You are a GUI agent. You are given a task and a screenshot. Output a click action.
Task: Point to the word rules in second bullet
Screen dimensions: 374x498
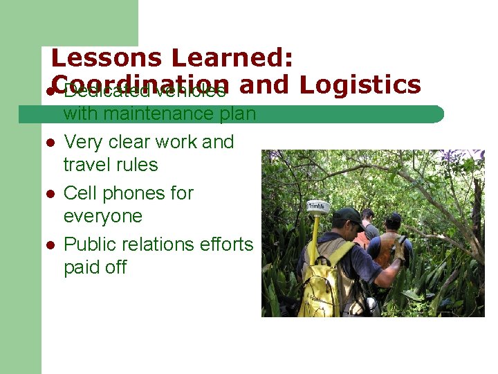pyautogui.click(x=138, y=165)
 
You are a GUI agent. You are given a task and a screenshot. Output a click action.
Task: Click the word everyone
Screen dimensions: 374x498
pyautogui.click(x=102, y=216)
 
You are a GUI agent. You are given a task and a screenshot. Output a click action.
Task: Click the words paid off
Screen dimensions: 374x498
pyautogui.click(x=95, y=267)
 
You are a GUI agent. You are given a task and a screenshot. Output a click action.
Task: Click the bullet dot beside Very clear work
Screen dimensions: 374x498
pyautogui.click(x=50, y=143)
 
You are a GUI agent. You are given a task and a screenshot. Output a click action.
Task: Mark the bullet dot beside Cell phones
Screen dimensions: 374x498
pyautogui.click(x=50, y=194)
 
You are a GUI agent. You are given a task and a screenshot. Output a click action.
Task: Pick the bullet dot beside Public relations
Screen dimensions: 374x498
pyautogui.click(x=50, y=245)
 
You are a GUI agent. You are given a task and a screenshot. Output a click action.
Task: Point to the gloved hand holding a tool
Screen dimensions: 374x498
pyautogui.click(x=399, y=248)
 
